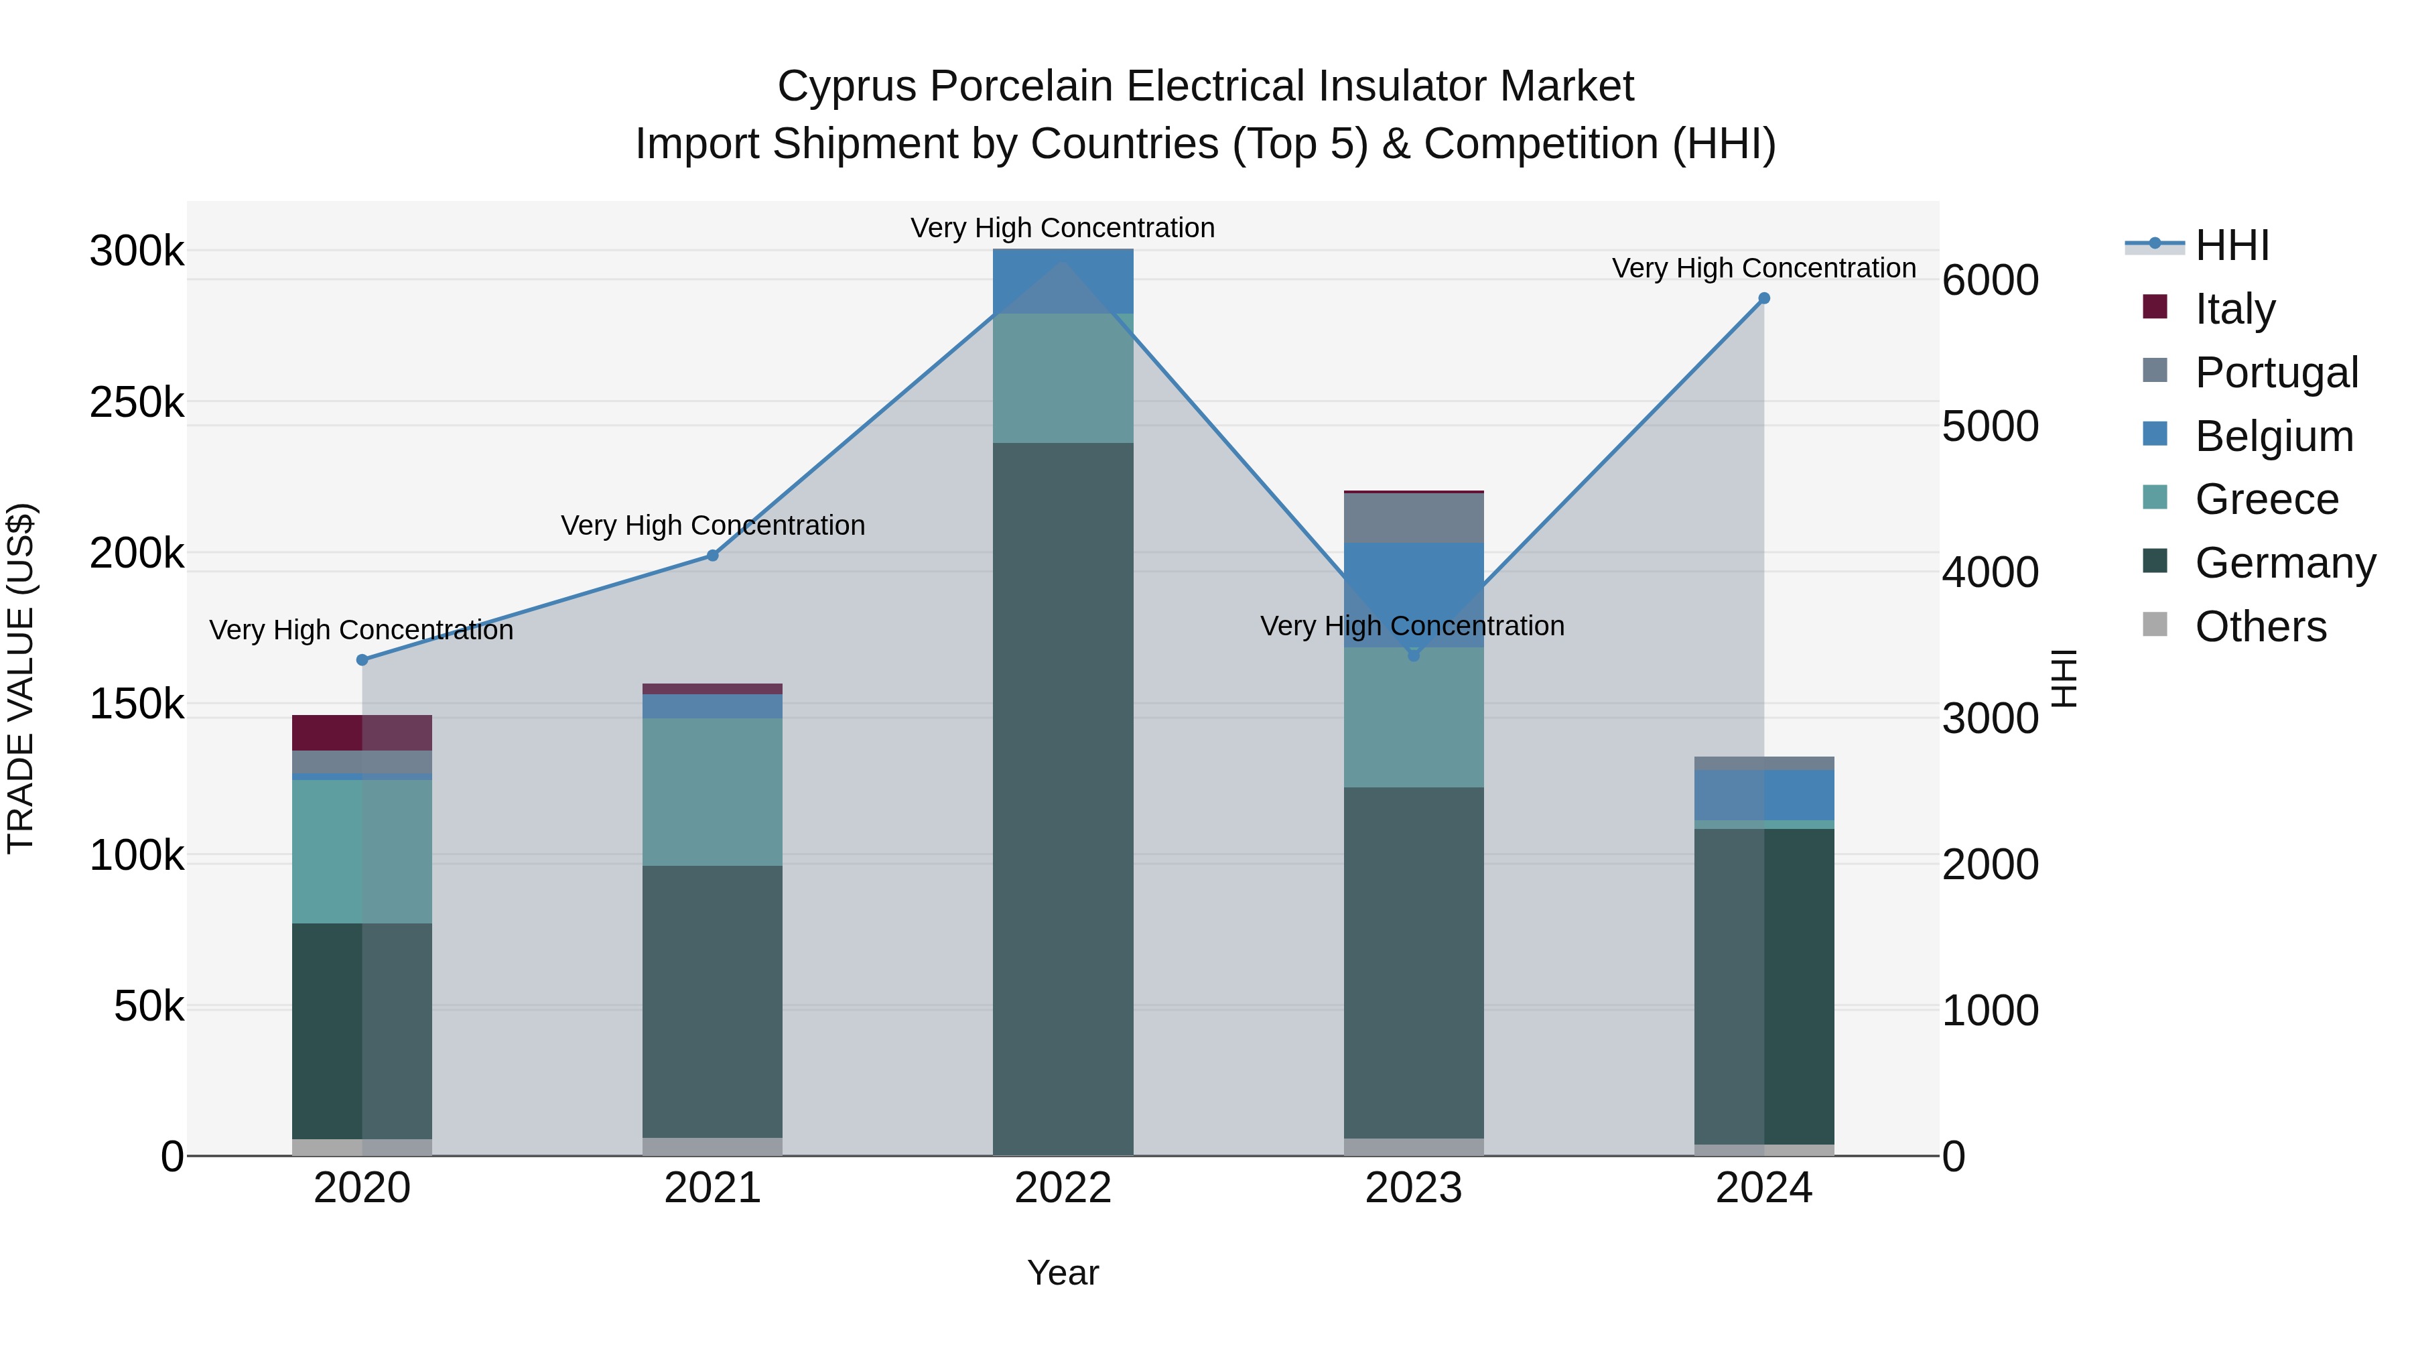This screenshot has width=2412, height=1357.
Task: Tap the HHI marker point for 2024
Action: point(1764,299)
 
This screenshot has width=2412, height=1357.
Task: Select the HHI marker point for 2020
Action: point(362,660)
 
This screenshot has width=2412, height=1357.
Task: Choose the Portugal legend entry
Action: point(2276,373)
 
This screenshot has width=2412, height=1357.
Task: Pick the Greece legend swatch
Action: point(2155,497)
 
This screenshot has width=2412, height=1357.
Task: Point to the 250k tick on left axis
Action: point(137,403)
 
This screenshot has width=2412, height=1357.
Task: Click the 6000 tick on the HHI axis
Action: point(1990,280)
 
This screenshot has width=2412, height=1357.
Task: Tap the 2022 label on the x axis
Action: point(1063,1188)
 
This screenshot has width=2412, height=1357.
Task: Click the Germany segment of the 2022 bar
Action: point(1063,796)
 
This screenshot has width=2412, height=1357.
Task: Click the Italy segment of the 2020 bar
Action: point(362,732)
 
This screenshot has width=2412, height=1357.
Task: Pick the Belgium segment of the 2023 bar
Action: point(1414,594)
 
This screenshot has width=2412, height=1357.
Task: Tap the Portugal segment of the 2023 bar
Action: point(1414,518)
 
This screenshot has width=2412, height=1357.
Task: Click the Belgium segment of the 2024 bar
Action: point(1764,795)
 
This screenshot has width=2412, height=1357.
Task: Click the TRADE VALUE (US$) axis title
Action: point(21,678)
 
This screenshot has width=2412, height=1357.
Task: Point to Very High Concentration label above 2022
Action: point(1063,228)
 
